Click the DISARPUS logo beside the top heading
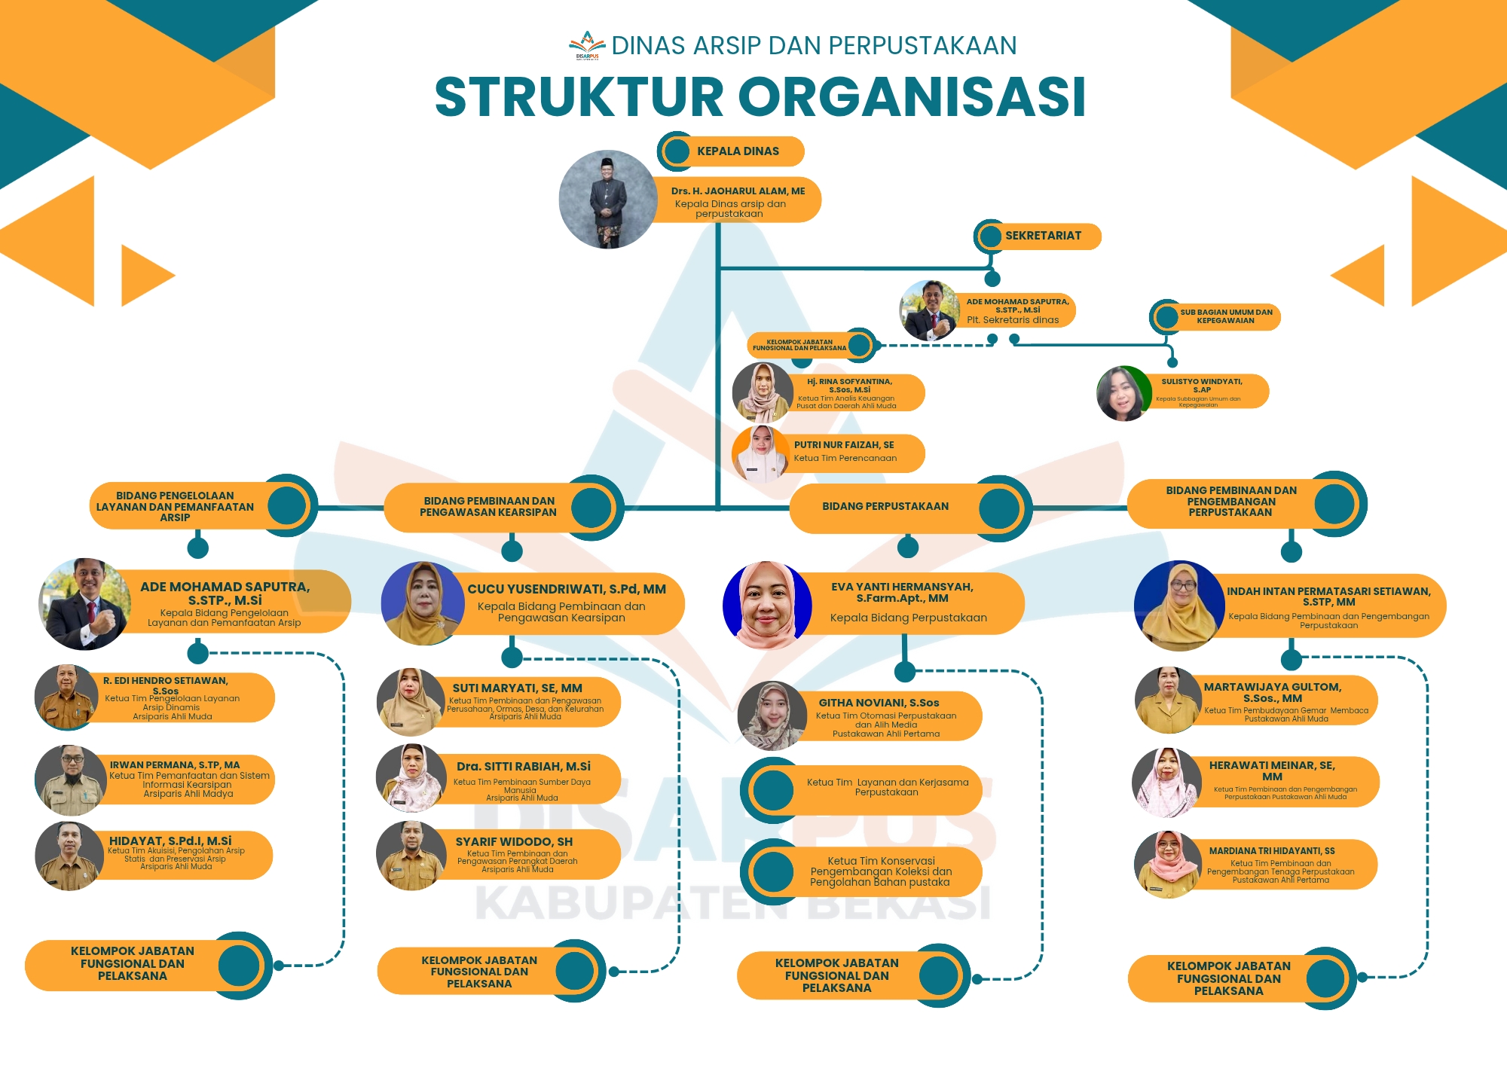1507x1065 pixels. pyautogui.click(x=587, y=45)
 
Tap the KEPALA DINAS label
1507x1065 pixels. pyautogui.click(x=738, y=151)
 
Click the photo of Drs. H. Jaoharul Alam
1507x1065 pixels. pyautogui.click(x=608, y=200)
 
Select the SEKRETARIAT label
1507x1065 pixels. pyautogui.click(x=1043, y=236)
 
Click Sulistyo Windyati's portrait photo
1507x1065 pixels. pyautogui.click(x=1123, y=393)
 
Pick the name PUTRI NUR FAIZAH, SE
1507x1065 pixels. pyautogui.click(x=844, y=445)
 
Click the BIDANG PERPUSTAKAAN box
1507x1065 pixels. pyautogui.click(x=885, y=506)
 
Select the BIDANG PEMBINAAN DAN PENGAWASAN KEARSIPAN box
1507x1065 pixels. pyautogui.click(x=488, y=506)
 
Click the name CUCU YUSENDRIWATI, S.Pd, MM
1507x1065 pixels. pyautogui.click(x=567, y=589)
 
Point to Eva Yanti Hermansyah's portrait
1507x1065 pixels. pyautogui.click(x=767, y=605)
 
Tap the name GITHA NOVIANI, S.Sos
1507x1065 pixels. pyautogui.click(x=879, y=703)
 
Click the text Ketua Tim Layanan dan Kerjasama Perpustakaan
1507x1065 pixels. pyautogui.click(x=887, y=787)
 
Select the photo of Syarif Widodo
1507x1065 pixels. pyautogui.click(x=411, y=856)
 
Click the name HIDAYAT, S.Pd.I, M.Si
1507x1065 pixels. pyautogui.click(x=170, y=841)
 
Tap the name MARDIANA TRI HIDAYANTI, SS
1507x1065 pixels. pyautogui.click(x=1272, y=851)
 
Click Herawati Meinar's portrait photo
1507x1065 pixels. pyautogui.click(x=1167, y=783)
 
